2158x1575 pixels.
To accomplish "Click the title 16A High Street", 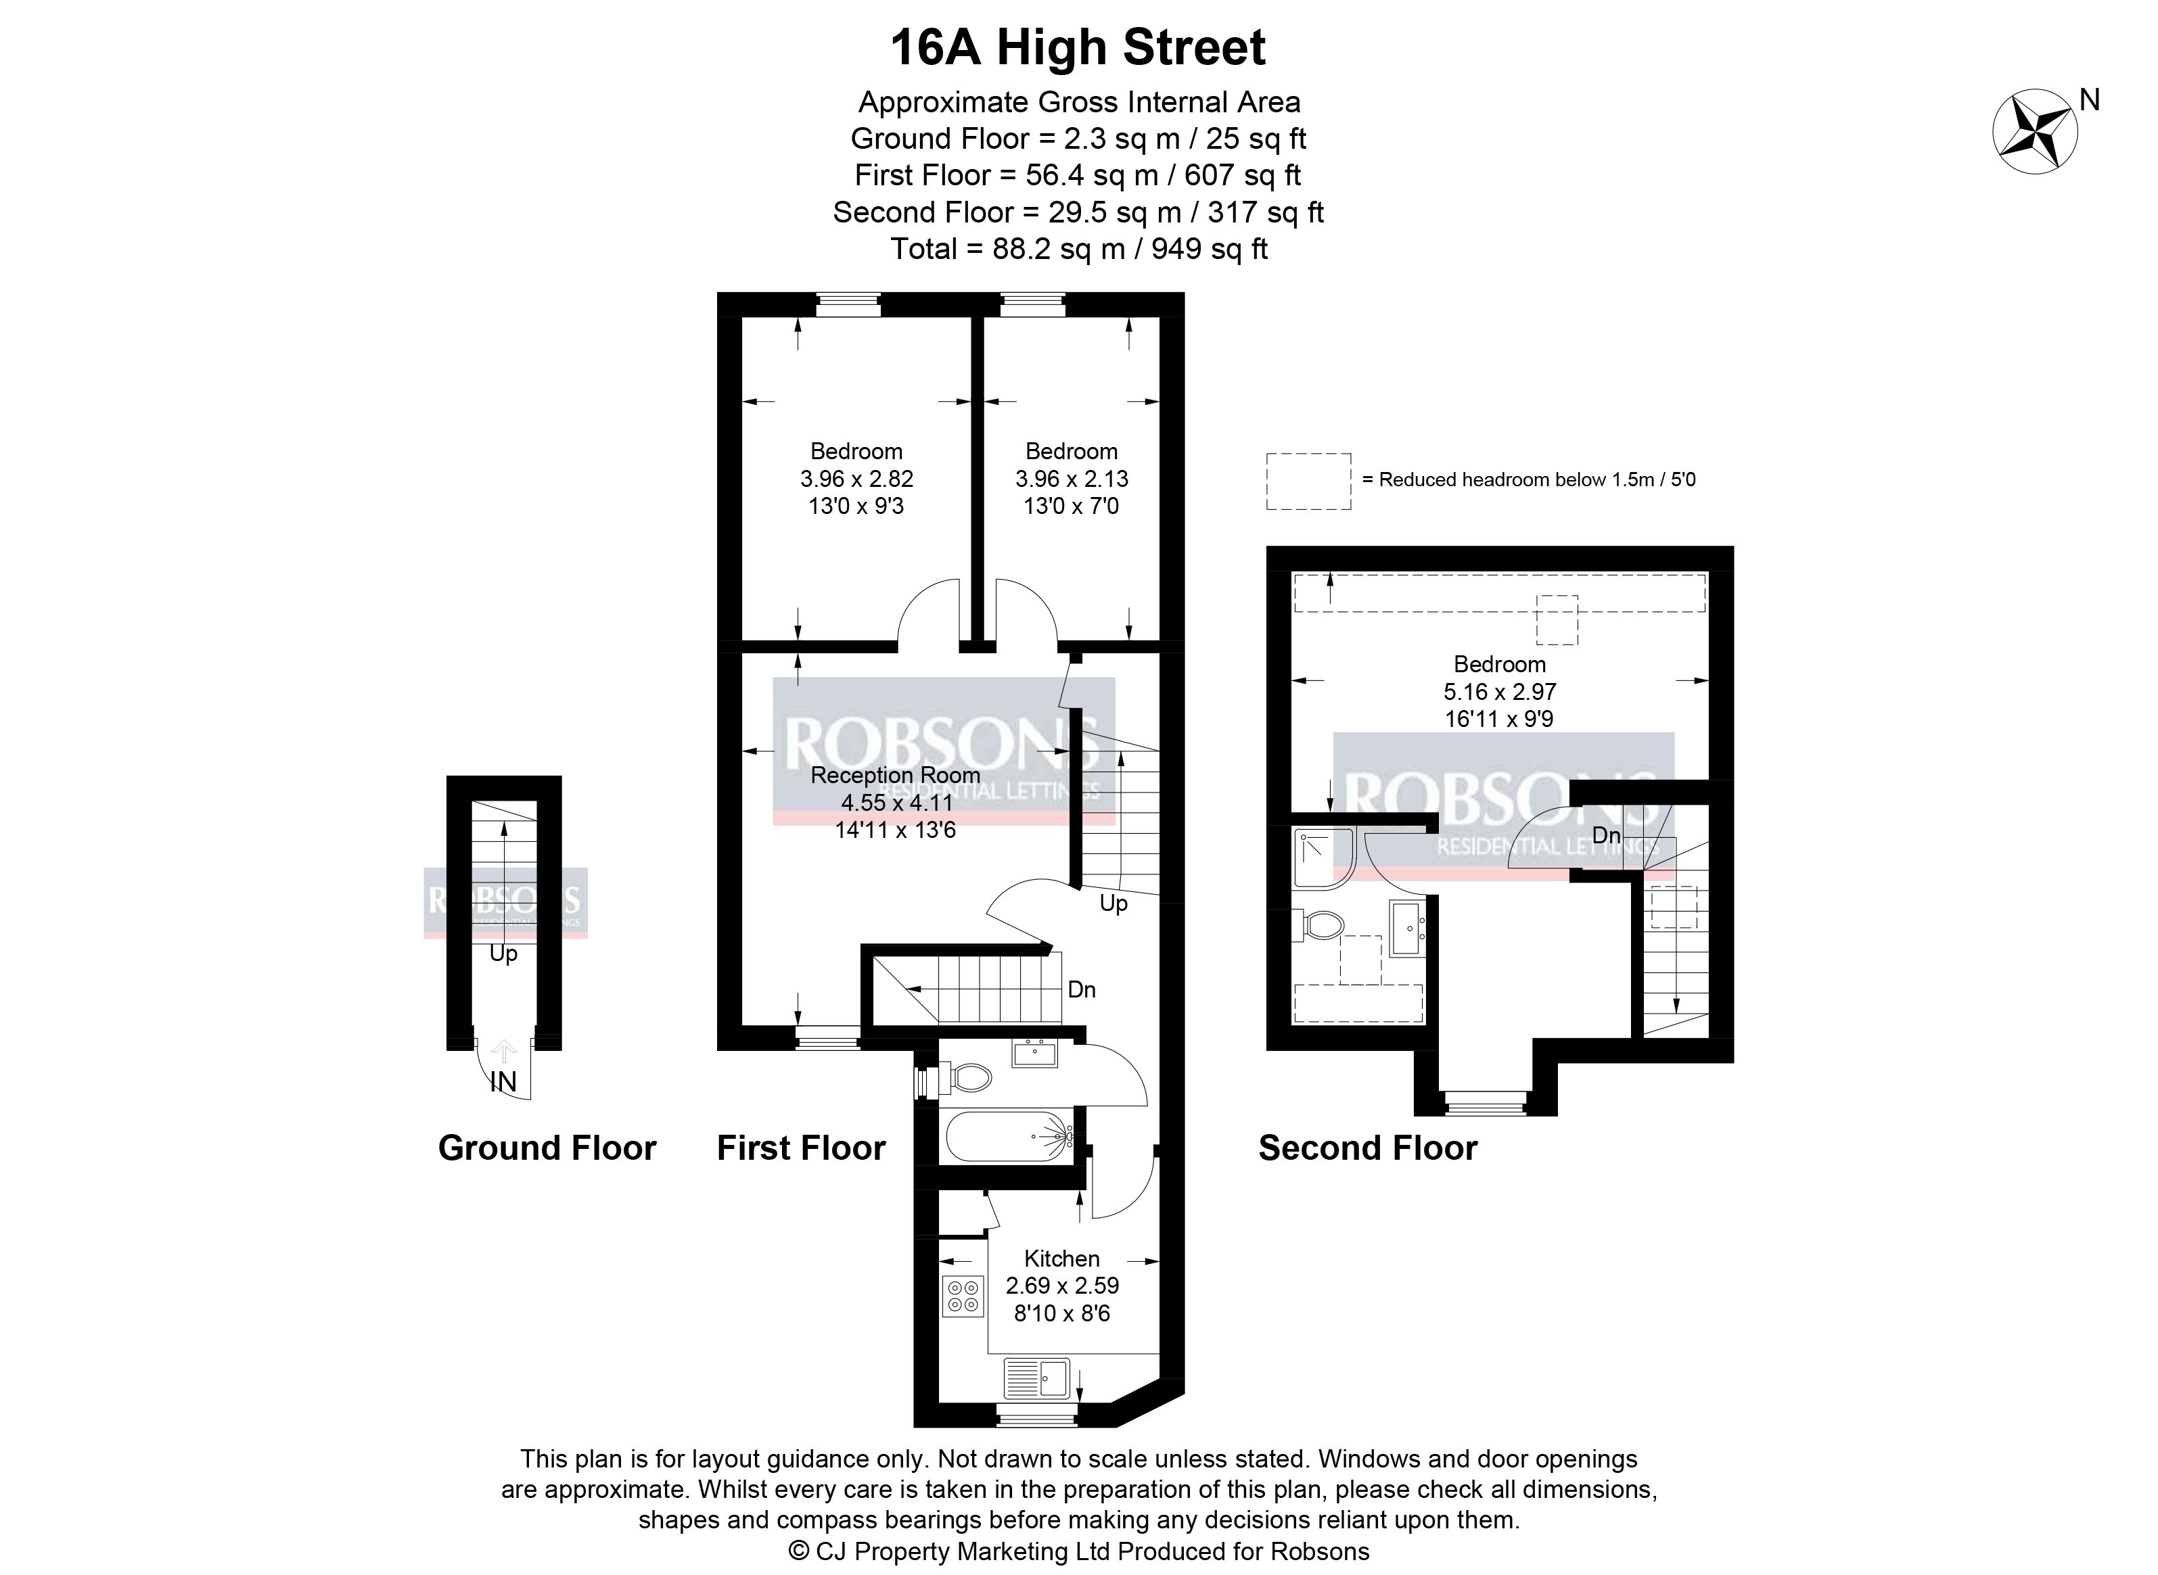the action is [1078, 47].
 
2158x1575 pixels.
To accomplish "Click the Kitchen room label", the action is [1061, 1259].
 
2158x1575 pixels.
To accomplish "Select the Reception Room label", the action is [896, 775].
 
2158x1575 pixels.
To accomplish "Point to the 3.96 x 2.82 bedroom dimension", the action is [856, 479].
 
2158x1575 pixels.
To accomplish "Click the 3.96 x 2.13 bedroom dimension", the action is [1072, 479].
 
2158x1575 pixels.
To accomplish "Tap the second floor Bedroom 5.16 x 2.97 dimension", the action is [1500, 691].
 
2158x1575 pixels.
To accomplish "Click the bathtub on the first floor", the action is [1009, 1136].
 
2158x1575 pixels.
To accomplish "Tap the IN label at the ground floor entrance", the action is [503, 1082].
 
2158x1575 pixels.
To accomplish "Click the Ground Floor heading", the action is [547, 1148].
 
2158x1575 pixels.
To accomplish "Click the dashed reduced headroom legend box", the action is [1308, 481].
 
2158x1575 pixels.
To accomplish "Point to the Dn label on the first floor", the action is [1082, 989].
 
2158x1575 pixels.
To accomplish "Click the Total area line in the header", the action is [1078, 249].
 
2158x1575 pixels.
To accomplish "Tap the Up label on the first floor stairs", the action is [1113, 903].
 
